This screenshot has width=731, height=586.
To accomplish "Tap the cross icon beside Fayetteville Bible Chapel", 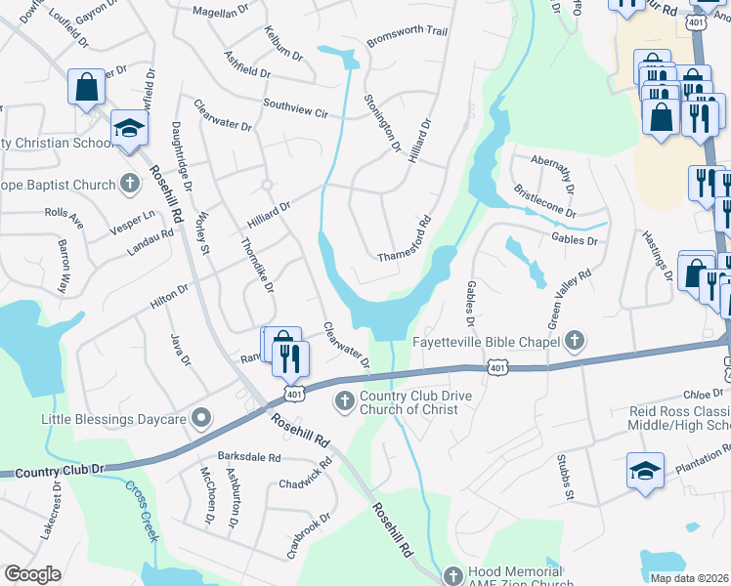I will (575, 341).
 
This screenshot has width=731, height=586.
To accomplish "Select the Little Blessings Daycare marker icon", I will (202, 419).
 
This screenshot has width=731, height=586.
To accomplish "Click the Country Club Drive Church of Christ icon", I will (344, 400).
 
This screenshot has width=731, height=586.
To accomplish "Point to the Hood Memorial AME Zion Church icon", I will (452, 576).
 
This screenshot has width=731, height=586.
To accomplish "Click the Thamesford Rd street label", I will (405, 240).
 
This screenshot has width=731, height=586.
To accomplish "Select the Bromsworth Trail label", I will (407, 37).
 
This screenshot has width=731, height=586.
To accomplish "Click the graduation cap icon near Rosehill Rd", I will (129, 129).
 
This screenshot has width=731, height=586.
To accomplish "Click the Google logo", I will (32, 574).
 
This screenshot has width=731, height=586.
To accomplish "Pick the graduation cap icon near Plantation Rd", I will (645, 470).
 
